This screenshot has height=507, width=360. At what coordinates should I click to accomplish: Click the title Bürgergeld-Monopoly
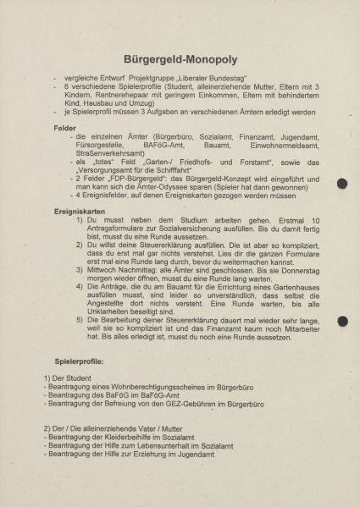click(x=180, y=60)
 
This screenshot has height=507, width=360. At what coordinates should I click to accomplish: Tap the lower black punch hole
click(x=341, y=321)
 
